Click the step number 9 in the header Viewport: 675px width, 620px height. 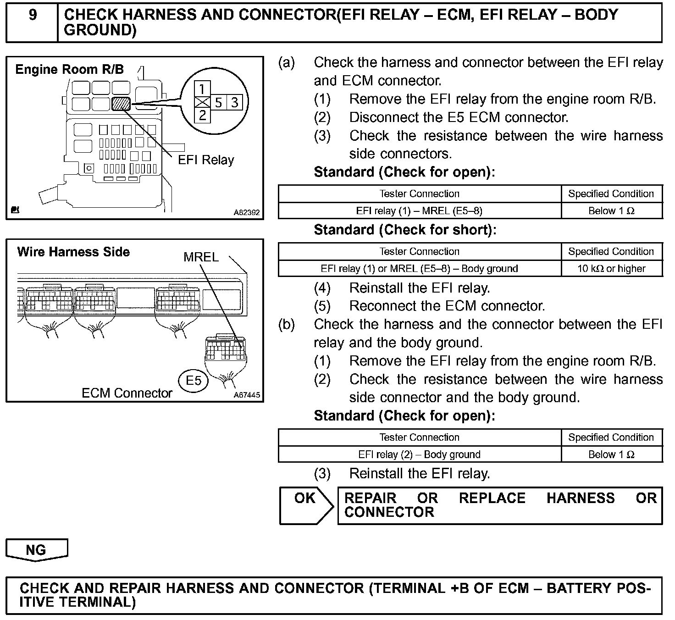tap(33, 15)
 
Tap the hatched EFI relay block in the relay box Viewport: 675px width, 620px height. tap(121, 104)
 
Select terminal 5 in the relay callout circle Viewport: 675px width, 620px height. tap(218, 102)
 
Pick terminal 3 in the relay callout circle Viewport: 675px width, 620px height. tap(234, 102)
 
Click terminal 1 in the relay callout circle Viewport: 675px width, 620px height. tap(202, 89)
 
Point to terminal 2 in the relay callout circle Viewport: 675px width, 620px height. tap(202, 116)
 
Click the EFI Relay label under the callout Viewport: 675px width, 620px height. tap(206, 160)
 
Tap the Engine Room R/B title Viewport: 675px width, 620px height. tap(69, 70)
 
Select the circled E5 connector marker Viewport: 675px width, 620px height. tap(193, 381)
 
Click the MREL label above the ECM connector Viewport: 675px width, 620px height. tap(201, 257)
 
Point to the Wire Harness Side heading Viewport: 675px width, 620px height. tap(73, 252)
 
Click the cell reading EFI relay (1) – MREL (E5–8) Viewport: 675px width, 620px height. tap(419, 211)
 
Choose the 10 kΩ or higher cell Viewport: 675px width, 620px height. tap(611, 269)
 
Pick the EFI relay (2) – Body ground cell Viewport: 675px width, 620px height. tap(419, 454)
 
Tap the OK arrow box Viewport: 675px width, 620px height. tap(306, 505)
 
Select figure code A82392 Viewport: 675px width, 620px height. tap(247, 213)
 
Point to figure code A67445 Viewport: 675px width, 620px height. tap(247, 395)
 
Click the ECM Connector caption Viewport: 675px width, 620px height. tap(127, 393)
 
